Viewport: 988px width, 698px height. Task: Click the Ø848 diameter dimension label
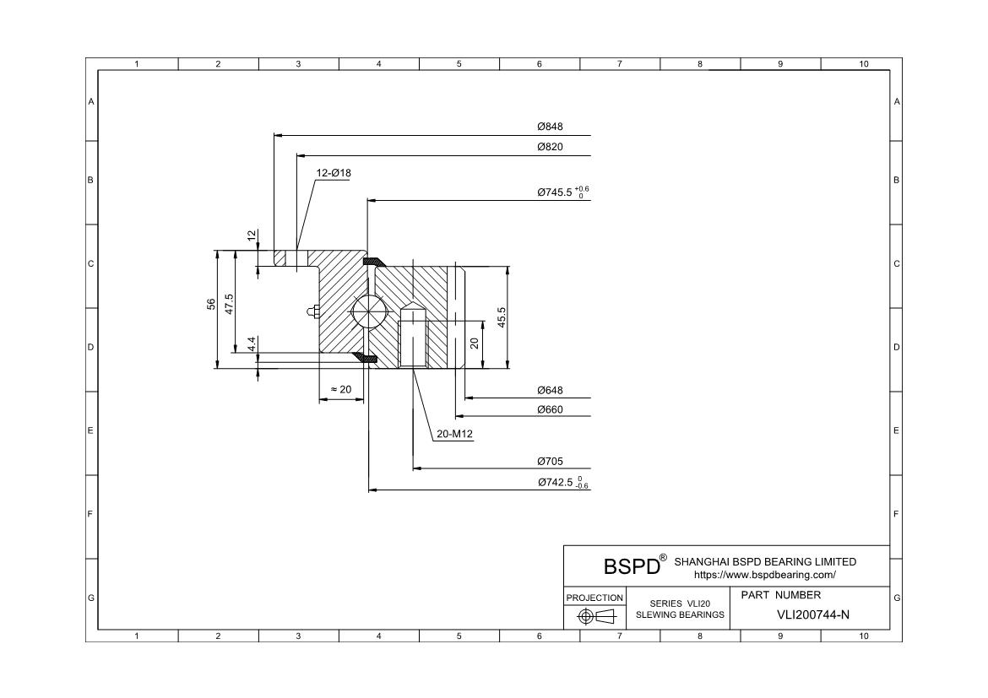pyautogui.click(x=550, y=127)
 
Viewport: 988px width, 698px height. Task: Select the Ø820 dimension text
pyautogui.click(x=550, y=147)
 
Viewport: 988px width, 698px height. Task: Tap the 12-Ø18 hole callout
pyautogui.click(x=334, y=173)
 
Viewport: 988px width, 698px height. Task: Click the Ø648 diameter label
pyautogui.click(x=550, y=391)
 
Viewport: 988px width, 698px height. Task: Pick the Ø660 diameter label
pyautogui.click(x=550, y=410)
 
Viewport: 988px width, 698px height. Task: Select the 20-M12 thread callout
pyautogui.click(x=454, y=435)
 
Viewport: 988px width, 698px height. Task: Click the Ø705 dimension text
pyautogui.click(x=550, y=462)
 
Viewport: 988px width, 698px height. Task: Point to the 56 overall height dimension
pyautogui.click(x=211, y=305)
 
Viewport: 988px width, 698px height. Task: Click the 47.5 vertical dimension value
pyautogui.click(x=229, y=305)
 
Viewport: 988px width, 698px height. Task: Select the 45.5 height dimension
pyautogui.click(x=502, y=317)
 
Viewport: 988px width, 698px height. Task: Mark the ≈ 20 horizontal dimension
pyautogui.click(x=340, y=389)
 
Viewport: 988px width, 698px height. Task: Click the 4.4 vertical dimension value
pyautogui.click(x=252, y=344)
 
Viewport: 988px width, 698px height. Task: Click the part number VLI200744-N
pyautogui.click(x=812, y=614)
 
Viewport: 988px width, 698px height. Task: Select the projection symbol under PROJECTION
pyautogui.click(x=594, y=617)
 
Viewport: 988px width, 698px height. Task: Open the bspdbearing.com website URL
pyautogui.click(x=764, y=575)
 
